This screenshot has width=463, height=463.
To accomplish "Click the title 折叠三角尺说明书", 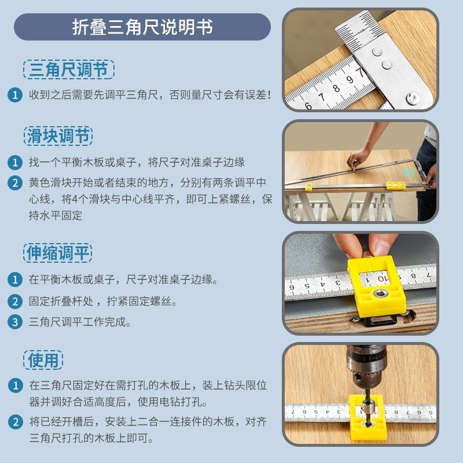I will [142, 27].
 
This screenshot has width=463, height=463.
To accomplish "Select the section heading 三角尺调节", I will [69, 70].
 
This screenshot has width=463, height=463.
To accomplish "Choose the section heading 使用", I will [44, 360].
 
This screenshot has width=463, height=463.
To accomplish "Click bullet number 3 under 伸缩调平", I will [15, 322].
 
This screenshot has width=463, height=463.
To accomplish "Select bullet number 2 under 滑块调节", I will [15, 183].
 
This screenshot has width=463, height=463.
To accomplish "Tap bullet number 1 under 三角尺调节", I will [15, 94].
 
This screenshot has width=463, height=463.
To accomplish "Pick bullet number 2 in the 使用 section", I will [15, 422].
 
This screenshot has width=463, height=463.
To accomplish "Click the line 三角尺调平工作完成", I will [80, 322].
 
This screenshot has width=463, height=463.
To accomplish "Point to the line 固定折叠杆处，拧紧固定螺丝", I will [102, 301].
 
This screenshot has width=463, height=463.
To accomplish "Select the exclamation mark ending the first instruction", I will [268, 94].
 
